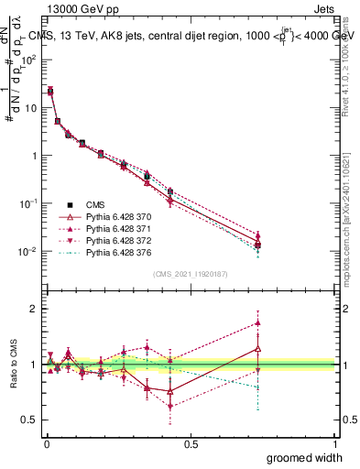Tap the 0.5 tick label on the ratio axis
click(30, 420)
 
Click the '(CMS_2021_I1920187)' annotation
click(190, 273)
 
